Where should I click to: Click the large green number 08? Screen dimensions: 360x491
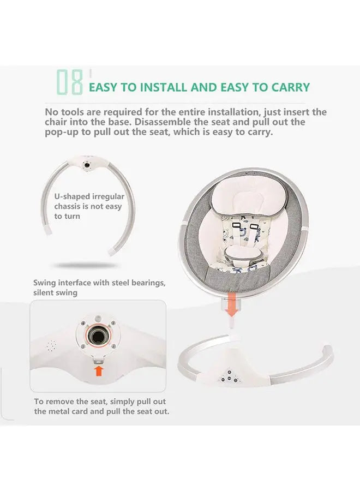click(x=69, y=82)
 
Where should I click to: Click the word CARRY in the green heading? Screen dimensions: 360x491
click(x=291, y=87)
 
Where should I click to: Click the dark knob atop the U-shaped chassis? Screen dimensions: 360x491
click(x=86, y=164)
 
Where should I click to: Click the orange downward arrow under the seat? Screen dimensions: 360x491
click(x=232, y=304)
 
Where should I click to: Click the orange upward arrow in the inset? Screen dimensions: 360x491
click(x=99, y=371)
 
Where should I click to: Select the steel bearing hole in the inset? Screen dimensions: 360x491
click(x=98, y=336)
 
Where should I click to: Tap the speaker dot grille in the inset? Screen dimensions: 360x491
click(x=51, y=346)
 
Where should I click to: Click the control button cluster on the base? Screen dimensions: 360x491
click(x=230, y=376)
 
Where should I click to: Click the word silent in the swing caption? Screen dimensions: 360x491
click(x=43, y=292)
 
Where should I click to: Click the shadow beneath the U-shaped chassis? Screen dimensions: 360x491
click(x=85, y=266)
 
